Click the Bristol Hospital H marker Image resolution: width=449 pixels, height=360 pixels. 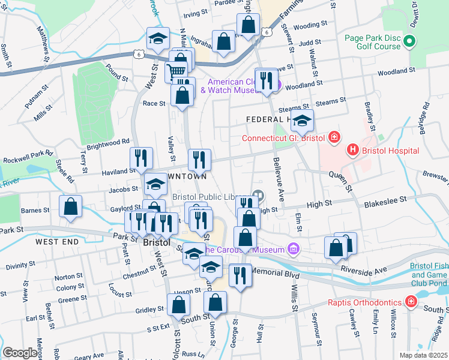(x=353, y=148)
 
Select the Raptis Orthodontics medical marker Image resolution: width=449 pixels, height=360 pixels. (x=411, y=301)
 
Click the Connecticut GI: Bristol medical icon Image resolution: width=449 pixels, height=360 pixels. (x=334, y=139)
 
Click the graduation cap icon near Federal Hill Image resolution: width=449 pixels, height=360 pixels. (x=302, y=120)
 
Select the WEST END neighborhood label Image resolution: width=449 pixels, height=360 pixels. (x=56, y=242)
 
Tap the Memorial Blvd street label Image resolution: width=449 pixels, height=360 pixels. (x=276, y=272)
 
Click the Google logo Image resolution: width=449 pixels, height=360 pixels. (x=20, y=353)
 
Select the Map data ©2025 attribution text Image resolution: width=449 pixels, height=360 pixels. (x=423, y=355)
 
